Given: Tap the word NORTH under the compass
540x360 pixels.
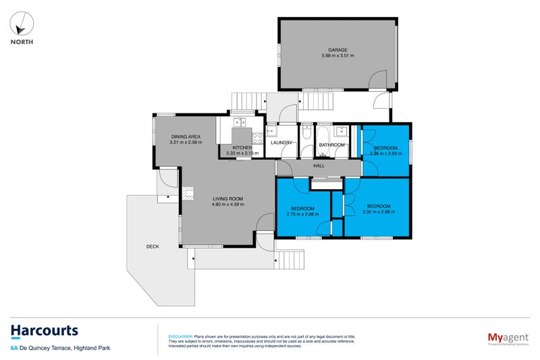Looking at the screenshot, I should (x=22, y=41).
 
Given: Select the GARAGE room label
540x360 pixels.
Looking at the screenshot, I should (x=337, y=50).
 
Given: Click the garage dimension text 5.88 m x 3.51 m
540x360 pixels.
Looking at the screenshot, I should (x=337, y=56).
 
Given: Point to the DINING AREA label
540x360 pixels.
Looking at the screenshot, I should (x=186, y=137).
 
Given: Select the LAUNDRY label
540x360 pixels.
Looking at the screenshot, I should (x=280, y=143).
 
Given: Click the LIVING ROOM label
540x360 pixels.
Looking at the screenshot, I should (x=227, y=199).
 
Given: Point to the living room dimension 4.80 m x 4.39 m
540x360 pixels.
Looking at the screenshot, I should (x=227, y=205).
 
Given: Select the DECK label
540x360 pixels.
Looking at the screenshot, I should (x=153, y=247).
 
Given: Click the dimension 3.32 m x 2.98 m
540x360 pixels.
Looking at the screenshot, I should (x=379, y=212).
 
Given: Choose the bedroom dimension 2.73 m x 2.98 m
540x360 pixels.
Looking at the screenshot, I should (x=302, y=214).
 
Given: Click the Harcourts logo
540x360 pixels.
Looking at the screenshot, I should (x=44, y=331).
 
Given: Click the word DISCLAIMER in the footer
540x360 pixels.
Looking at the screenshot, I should (x=180, y=336).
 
